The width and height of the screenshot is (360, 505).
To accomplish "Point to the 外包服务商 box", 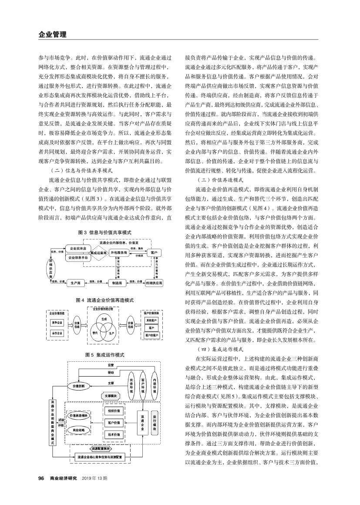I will coord(118,252).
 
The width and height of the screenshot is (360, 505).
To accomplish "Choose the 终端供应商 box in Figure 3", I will coord(154,283).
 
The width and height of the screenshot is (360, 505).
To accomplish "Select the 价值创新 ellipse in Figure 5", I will coord(79,386).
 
